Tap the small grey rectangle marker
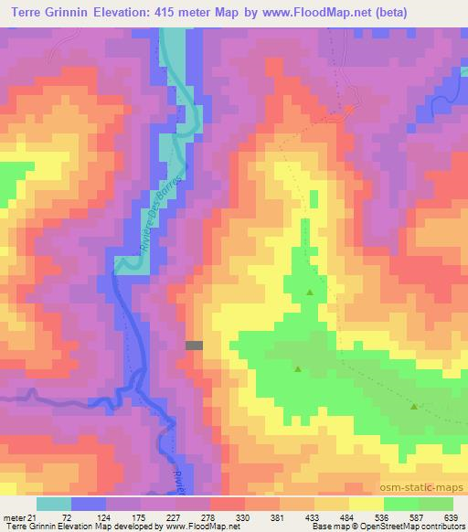194,345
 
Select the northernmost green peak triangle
310,293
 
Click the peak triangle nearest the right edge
414,407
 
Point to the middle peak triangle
298,369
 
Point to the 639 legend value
452,516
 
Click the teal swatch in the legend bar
54,504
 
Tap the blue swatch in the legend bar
89,504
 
